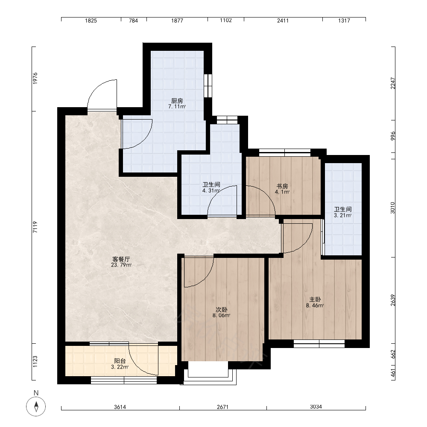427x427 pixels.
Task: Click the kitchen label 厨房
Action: pos(177,101)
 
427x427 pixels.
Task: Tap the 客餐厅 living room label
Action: pos(121,259)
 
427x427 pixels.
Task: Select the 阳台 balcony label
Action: pos(120,361)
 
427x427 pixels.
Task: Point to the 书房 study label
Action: pos(282,186)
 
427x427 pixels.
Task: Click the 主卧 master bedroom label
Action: pos(315,300)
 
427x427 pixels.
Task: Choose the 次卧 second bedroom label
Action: pos(221,310)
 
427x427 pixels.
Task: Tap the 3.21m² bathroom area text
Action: pos(343,215)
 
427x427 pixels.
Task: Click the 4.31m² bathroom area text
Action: pos(211,190)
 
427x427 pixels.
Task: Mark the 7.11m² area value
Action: pos(177,106)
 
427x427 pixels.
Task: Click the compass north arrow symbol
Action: pos(36,407)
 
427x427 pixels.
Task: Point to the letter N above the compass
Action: pos(36,393)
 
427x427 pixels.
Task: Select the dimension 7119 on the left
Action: pos(35,227)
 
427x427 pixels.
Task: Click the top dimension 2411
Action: pos(283,20)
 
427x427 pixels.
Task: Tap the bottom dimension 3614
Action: pos(120,407)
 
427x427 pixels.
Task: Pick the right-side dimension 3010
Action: pos(392,208)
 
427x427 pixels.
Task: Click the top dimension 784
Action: pos(133,20)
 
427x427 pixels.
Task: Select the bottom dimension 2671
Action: pos(222,407)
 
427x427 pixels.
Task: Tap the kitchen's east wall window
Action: pos(208,85)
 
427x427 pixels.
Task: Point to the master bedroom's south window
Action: pos(319,344)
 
